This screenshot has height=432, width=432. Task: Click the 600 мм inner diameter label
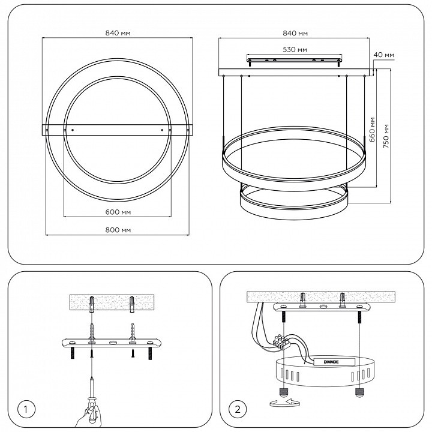pos(118,212)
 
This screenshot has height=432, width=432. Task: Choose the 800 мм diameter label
pos(118,230)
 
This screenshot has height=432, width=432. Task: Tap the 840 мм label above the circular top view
pos(118,34)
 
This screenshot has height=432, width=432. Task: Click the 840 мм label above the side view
pos(295,34)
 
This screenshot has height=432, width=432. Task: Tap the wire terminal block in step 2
pos(281,342)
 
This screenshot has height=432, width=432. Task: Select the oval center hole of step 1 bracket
pos(113,344)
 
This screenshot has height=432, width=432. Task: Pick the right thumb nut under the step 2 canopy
pos(359,394)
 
